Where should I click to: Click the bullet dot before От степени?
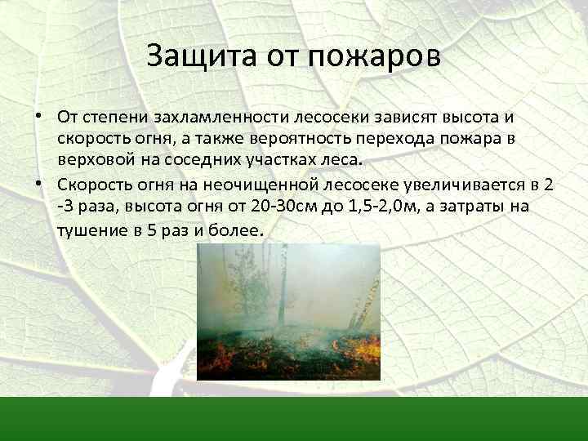(40, 115)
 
